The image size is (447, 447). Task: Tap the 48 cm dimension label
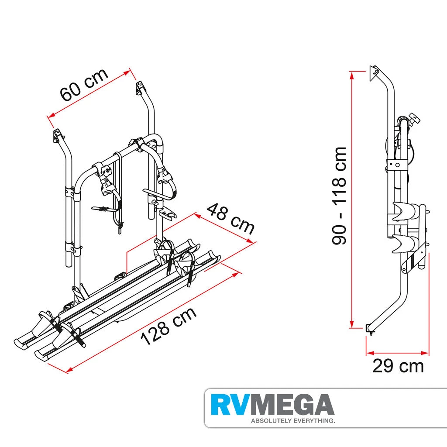click(x=230, y=218)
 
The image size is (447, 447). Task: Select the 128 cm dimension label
click(x=168, y=326)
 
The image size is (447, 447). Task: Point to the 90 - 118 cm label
click(x=339, y=196)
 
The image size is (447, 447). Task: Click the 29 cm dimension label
click(x=398, y=366)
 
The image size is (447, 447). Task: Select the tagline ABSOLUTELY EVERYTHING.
click(x=292, y=421)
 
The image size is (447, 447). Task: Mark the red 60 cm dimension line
click(x=89, y=93)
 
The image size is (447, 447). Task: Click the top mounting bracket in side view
click(x=375, y=72)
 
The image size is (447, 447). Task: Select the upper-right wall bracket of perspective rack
click(x=140, y=87)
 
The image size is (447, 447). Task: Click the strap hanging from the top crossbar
click(x=119, y=192)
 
